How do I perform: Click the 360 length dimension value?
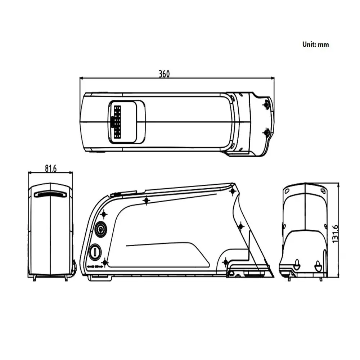point(164,74)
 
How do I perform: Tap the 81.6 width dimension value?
point(50,168)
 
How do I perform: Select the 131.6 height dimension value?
point(335,234)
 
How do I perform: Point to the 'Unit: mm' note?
point(315,44)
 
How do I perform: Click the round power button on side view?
point(100,229)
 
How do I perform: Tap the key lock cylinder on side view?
point(95,253)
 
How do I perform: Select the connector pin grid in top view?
point(117,122)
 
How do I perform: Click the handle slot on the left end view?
point(50,194)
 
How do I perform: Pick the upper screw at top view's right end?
point(266,105)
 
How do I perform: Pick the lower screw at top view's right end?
point(266,133)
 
